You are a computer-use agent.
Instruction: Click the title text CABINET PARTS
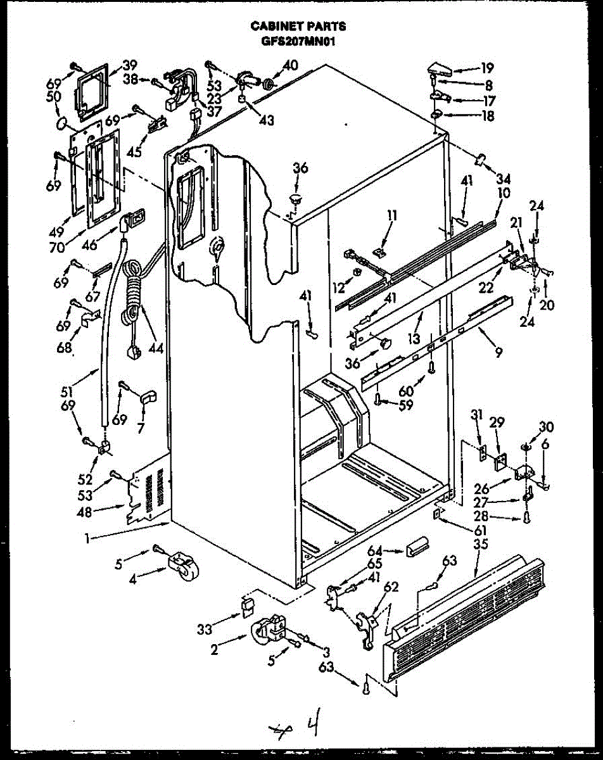coord(298,26)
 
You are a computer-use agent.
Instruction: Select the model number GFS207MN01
coord(298,42)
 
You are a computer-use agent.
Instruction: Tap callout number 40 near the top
coord(289,65)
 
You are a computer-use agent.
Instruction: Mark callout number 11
coord(392,215)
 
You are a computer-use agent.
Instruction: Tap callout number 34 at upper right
coord(504,178)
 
